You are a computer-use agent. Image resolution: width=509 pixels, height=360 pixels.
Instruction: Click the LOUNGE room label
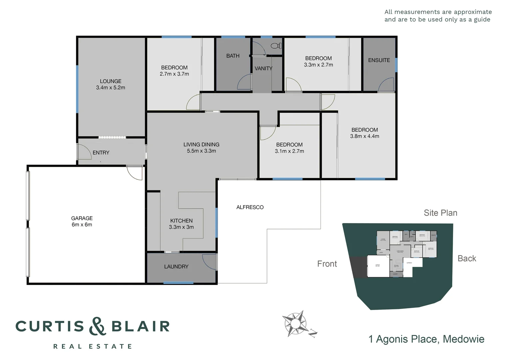tap(111, 81)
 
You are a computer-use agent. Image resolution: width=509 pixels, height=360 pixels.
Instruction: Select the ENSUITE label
tap(379, 60)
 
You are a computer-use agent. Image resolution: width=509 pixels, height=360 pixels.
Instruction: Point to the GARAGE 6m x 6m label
tap(82, 221)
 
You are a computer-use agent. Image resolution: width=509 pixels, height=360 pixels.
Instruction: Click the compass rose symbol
tap(295, 323)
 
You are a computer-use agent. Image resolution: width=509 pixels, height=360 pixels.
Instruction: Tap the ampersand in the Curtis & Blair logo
tap(98, 326)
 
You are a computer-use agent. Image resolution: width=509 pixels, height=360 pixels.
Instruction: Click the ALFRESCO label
tap(250, 207)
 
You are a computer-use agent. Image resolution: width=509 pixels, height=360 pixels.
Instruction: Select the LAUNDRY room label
tap(176, 267)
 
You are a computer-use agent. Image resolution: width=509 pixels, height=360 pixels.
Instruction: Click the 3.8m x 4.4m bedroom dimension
tap(364, 136)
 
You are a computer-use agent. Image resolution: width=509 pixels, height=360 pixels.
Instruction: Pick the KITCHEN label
tap(181, 221)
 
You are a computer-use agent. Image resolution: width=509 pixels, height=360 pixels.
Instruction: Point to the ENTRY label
tap(101, 153)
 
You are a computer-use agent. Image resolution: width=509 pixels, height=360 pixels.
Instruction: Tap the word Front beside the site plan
tap(327, 264)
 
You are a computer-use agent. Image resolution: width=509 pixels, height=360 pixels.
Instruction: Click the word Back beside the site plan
tap(467, 259)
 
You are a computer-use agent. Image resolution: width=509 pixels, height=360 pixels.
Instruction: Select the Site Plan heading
tap(440, 213)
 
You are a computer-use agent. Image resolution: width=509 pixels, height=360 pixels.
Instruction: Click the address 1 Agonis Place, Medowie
tap(426, 339)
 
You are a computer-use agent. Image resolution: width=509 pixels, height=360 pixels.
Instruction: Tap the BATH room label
tap(233, 56)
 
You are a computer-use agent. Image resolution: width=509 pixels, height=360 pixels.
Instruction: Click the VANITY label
tap(263, 68)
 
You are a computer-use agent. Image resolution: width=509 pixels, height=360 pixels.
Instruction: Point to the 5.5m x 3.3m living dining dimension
tap(201, 151)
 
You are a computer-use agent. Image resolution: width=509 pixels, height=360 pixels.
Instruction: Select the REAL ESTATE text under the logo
tap(93, 347)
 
